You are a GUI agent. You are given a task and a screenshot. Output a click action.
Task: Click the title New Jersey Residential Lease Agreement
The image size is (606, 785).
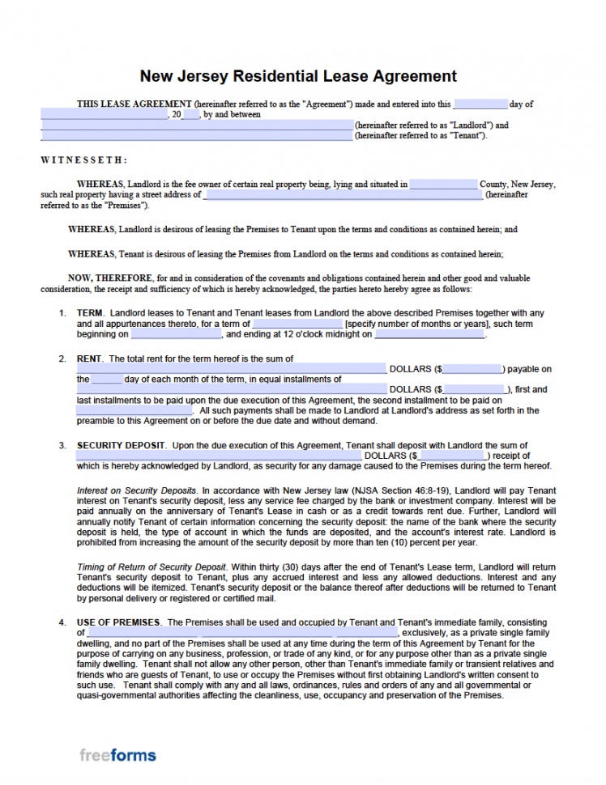(298, 76)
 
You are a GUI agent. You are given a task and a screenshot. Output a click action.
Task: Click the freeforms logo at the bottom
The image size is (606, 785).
(117, 756)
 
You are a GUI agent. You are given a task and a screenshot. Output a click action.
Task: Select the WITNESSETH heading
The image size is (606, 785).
(83, 160)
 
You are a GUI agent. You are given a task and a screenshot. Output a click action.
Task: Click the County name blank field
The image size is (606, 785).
(443, 185)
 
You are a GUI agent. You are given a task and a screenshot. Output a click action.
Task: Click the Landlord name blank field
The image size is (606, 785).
(198, 125)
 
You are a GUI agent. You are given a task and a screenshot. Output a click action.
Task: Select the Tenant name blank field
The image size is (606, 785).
(198, 136)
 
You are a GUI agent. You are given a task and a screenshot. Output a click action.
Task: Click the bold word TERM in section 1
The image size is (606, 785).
(90, 313)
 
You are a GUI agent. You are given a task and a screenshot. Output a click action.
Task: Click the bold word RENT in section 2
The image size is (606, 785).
(90, 359)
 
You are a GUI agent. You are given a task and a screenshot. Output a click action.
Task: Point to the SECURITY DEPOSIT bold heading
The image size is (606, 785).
(121, 445)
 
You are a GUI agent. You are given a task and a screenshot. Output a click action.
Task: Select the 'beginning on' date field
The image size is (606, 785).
(175, 334)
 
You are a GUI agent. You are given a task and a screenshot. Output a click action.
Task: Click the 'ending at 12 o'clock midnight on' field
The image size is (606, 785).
(429, 334)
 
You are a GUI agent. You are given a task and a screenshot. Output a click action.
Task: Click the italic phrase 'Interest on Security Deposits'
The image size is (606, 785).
(136, 490)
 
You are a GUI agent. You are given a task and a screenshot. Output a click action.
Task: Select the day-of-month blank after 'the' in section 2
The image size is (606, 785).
(106, 380)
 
